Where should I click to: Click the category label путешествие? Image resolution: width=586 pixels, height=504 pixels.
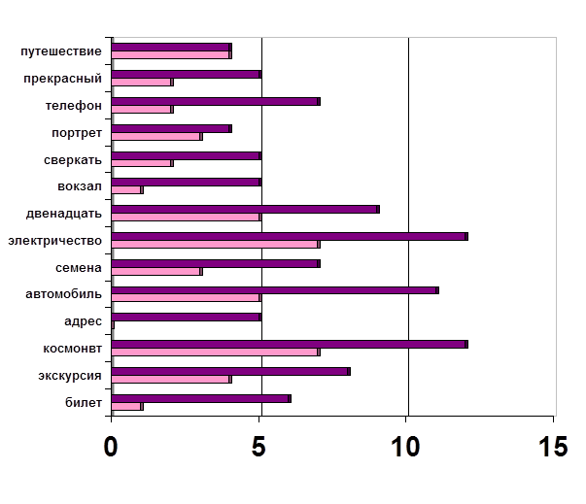coord(61,50)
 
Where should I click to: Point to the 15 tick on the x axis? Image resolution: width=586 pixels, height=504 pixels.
coord(554,450)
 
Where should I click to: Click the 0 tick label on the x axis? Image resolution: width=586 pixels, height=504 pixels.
coord(112,450)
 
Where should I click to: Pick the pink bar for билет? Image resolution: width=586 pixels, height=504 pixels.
coord(127,406)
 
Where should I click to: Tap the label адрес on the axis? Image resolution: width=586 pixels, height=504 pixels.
coord(83,320)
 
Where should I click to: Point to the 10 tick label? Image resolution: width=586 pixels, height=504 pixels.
coord(408,450)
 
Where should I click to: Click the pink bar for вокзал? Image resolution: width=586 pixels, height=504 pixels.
coord(127,189)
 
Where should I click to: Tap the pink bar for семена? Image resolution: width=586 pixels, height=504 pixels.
coord(156,271)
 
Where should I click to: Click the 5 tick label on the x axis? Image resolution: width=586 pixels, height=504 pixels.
coord(259,450)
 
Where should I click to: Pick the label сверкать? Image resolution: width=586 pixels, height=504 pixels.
coord(73,159)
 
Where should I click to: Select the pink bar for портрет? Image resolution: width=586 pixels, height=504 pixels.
coord(156,136)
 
